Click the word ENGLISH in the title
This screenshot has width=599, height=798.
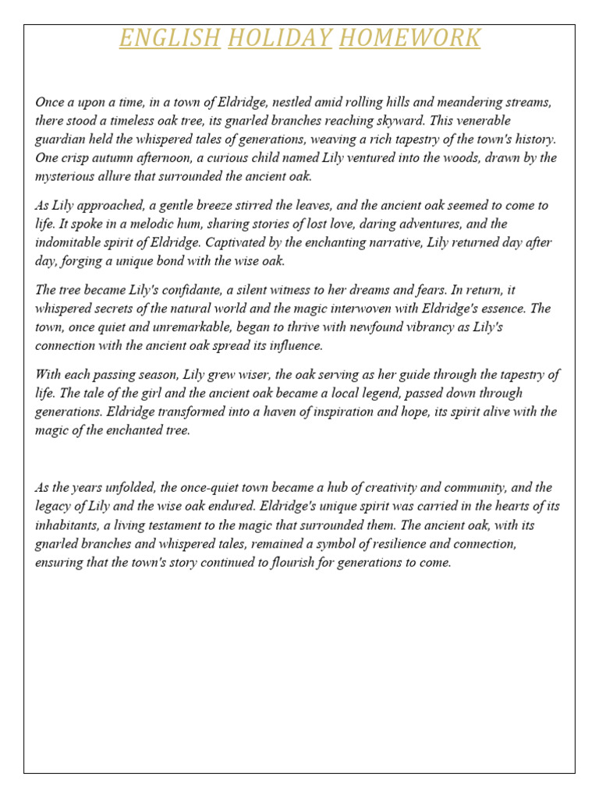coord(169,37)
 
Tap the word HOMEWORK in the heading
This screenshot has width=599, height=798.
coord(409,37)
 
